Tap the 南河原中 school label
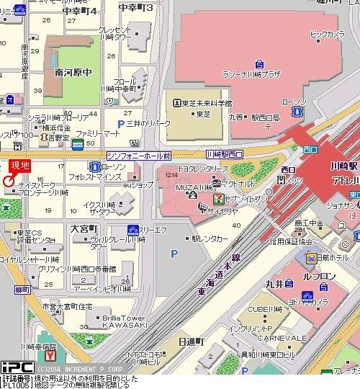(73, 72)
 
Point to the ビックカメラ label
(327, 34)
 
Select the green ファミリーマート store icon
(77, 146)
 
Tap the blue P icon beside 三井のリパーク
(110, 124)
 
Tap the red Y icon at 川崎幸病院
(50, 356)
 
